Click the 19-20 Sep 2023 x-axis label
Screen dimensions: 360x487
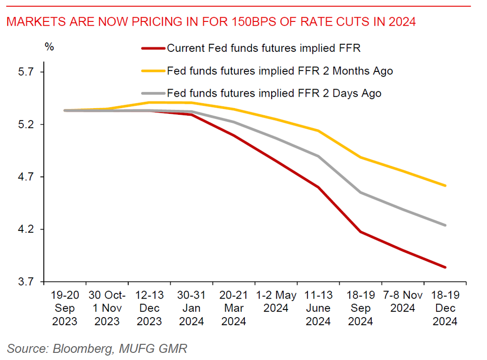click(x=65, y=308)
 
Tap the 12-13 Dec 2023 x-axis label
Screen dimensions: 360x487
click(x=150, y=308)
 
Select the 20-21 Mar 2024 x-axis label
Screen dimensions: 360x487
click(x=233, y=308)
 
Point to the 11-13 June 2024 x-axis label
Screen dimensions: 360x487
click(x=318, y=308)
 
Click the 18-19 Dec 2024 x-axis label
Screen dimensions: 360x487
click(x=445, y=308)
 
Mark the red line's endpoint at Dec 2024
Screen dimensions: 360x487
click(x=445, y=267)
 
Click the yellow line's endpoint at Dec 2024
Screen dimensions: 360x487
click(x=445, y=186)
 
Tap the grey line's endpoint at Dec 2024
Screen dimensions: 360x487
click(x=445, y=225)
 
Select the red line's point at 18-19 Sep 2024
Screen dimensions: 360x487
click(x=360, y=232)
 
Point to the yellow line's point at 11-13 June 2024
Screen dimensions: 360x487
click(x=318, y=130)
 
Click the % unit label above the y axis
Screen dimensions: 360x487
click(x=49, y=47)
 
